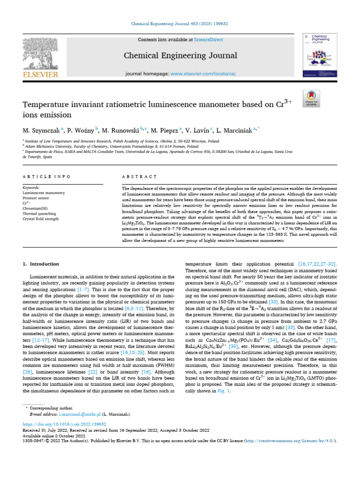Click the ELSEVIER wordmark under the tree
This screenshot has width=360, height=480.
(40, 75)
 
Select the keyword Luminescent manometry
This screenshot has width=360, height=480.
(44, 193)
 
